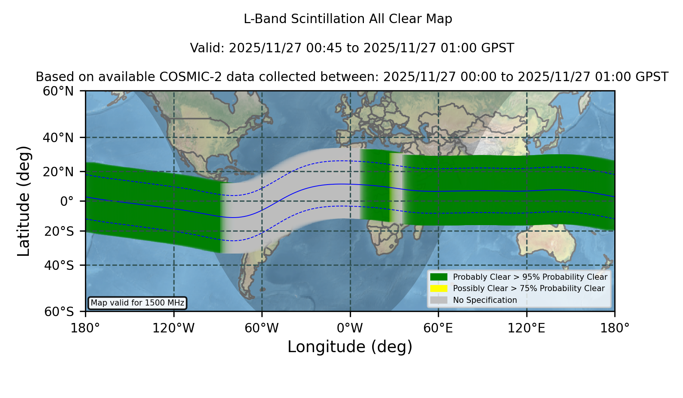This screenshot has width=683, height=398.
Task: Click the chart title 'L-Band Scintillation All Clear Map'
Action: pyautogui.click(x=348, y=19)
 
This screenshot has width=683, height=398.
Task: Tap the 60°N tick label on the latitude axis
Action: pyautogui.click(x=58, y=91)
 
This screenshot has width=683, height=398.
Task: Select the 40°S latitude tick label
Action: pyautogui.click(x=59, y=265)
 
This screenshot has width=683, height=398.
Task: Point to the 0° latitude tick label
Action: pyautogui.click(x=67, y=201)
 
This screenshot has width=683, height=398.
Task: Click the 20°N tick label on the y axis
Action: pyautogui.click(x=58, y=172)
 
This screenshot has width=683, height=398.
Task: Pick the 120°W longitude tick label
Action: pyautogui.click(x=173, y=328)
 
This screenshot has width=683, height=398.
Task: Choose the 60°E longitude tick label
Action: pyautogui.click(x=438, y=328)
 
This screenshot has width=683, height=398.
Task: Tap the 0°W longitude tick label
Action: pyautogui.click(x=350, y=328)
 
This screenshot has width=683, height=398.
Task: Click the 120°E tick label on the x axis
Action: pyautogui.click(x=526, y=328)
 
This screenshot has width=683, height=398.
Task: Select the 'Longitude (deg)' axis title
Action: pyautogui.click(x=350, y=347)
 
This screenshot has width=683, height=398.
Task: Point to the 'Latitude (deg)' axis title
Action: pyautogui.click(x=24, y=201)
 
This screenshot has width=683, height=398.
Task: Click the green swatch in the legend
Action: pyautogui.click(x=439, y=277)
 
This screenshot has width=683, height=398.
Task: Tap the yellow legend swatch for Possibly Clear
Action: pyautogui.click(x=439, y=288)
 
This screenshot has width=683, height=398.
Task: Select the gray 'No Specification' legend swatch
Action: pyautogui.click(x=439, y=300)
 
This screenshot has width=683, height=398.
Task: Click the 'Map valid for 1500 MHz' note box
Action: pyautogui.click(x=137, y=303)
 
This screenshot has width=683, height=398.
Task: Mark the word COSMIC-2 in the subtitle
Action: pyautogui.click(x=181, y=77)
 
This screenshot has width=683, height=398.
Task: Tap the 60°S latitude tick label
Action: pyautogui.click(x=59, y=312)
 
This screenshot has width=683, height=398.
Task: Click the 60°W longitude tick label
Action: pyautogui.click(x=261, y=328)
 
